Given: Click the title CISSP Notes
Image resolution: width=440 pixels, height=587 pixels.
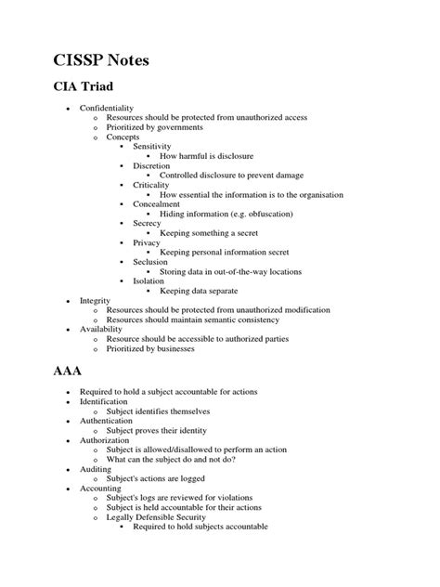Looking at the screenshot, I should pos(100,62).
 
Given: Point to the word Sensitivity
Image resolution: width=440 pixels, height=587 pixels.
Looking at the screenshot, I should pos(152,147).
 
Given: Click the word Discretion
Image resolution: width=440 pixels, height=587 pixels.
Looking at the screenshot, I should pos(152,165).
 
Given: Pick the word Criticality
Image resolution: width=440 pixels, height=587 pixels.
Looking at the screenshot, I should pos(152,185).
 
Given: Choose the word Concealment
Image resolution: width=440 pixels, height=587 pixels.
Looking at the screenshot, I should pos(157,204).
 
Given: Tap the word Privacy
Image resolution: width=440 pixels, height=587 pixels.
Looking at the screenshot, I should pos(148,242).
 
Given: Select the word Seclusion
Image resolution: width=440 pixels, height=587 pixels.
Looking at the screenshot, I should pos(151,262).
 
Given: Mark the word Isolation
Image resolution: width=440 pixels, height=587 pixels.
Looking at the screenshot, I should pos(149,281).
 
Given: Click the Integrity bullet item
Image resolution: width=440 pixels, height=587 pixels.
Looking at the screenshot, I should pos(95,301).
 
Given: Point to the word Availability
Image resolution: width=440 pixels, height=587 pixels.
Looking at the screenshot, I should pos(101,330).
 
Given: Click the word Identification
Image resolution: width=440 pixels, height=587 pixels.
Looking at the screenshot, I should pos(105,401).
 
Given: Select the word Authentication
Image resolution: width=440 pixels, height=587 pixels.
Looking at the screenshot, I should pos(107,421).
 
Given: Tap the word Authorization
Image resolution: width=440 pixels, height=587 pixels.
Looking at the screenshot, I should pos(105,440).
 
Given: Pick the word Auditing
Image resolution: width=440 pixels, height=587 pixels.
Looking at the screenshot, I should pos(97,469).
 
